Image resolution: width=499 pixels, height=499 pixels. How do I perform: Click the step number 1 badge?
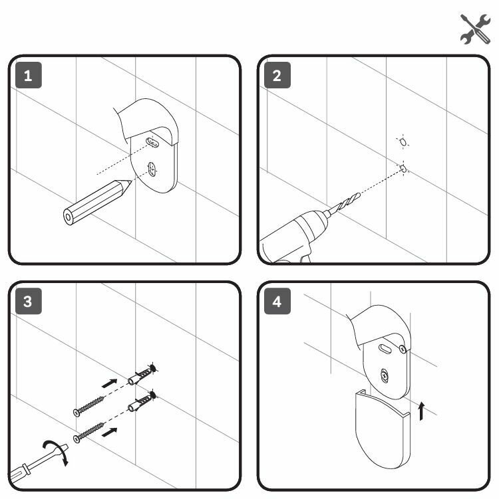[x=28, y=75]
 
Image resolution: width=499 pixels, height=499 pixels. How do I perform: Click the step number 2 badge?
[x=277, y=75]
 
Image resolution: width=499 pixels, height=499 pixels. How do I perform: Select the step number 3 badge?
[x=28, y=302]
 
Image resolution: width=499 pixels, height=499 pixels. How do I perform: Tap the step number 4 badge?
[x=277, y=302]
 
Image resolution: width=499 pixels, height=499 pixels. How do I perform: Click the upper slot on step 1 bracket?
[x=153, y=142]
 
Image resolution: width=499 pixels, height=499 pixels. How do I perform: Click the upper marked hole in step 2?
[x=401, y=142]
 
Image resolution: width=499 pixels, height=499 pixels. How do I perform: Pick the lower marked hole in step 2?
[x=403, y=169]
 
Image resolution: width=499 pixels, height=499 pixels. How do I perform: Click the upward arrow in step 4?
[x=420, y=411]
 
